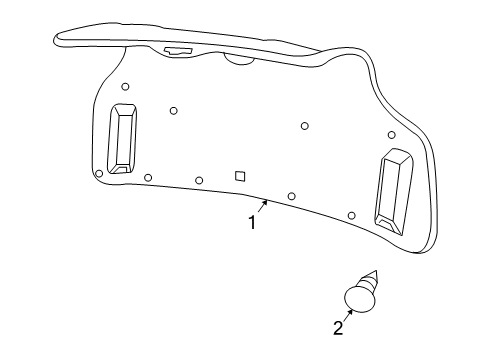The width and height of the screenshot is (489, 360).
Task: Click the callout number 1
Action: coord(252,223)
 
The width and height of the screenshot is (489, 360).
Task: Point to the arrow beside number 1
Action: coord(262,207)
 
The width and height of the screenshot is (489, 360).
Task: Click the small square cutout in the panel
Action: coord(240,175)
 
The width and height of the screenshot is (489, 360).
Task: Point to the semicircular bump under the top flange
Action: coord(240,59)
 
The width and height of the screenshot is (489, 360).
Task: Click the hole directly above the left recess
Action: coord(125,87)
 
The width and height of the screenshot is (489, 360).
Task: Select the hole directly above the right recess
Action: coord(391,135)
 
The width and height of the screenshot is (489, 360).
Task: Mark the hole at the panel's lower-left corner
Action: coord(98,173)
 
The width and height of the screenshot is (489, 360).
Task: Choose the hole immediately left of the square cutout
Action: coord(199,180)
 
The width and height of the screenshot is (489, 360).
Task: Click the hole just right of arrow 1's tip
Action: coord(291,196)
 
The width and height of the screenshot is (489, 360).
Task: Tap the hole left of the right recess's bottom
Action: coord(351,215)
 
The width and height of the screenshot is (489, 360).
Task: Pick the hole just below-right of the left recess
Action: coord(148,177)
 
